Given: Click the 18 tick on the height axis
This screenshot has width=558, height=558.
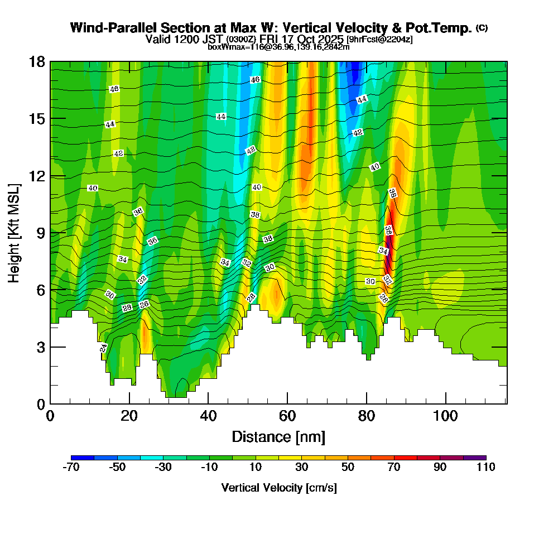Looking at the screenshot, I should [37, 61].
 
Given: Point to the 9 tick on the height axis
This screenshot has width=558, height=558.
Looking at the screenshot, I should [41, 233].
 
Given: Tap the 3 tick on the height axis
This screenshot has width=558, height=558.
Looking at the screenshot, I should [41, 347].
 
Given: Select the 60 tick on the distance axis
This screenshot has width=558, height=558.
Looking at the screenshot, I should [287, 416].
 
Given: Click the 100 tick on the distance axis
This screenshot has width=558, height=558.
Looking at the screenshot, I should [445, 416].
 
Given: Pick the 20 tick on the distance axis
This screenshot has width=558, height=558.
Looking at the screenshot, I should [129, 416].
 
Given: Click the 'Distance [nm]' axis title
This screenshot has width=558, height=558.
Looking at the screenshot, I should [278, 436].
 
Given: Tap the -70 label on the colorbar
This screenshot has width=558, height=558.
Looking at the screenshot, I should [71, 467].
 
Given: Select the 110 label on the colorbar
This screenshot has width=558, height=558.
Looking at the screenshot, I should [486, 467].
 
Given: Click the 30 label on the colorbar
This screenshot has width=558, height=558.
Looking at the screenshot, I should [301, 467].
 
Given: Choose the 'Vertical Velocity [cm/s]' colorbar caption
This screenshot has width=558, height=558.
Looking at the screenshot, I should [279, 488].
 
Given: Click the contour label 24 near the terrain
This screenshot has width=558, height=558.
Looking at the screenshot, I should [103, 348].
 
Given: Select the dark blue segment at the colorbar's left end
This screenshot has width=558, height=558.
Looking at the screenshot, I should [83, 458].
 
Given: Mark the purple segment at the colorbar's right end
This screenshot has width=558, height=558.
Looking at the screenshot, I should [474, 458].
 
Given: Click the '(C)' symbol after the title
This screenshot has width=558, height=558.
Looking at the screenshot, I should [482, 28].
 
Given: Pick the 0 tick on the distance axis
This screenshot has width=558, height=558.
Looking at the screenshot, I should [50, 416].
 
